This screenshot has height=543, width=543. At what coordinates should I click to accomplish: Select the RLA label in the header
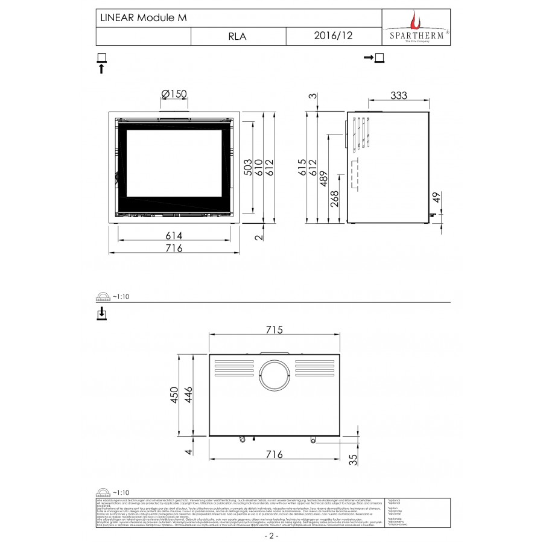coord(237,36)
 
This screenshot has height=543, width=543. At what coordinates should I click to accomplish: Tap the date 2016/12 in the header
coord(334,36)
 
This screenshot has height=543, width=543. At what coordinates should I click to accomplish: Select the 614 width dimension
coord(174,235)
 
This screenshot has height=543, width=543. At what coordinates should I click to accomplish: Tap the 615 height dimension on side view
coord(302,167)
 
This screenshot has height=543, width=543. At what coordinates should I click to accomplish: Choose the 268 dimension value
coord(334,199)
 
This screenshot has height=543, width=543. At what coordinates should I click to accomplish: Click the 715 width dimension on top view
coord(275,330)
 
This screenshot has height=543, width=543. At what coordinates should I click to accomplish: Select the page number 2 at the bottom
coord(271,536)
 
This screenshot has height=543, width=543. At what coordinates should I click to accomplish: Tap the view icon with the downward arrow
coord(101,313)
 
